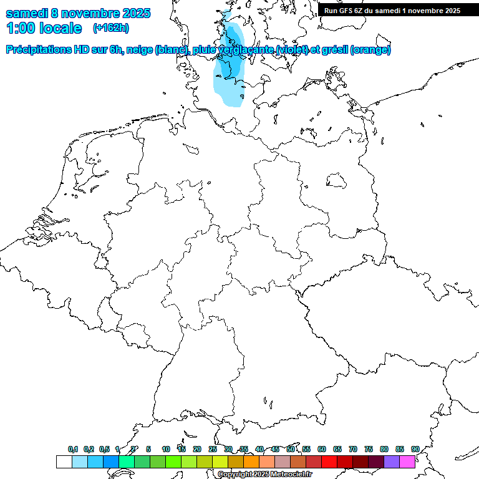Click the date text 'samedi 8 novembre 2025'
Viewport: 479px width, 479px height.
[78, 13]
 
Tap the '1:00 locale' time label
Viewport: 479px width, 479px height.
[44, 28]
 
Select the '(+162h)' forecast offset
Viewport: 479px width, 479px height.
[110, 28]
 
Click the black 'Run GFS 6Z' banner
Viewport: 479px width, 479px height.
[392, 10]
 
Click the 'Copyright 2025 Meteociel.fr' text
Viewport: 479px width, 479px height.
[264, 474]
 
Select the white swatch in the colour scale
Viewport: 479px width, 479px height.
[64, 462]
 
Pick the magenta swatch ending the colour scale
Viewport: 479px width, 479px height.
[407, 462]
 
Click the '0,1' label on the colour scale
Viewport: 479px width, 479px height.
[73, 449]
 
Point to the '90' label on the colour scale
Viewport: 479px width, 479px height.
[415, 449]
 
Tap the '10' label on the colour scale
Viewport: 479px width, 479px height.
[166, 449]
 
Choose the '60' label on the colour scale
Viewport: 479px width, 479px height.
[322, 449]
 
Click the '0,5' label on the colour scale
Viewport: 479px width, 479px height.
[104, 449]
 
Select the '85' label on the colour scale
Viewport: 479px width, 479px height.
[399, 449]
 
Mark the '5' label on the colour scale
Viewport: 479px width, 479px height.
[148, 449]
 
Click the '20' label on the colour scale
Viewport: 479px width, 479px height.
[197, 449]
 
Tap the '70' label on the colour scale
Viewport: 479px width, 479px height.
[353, 449]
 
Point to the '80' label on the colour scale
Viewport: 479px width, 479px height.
[384, 449]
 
